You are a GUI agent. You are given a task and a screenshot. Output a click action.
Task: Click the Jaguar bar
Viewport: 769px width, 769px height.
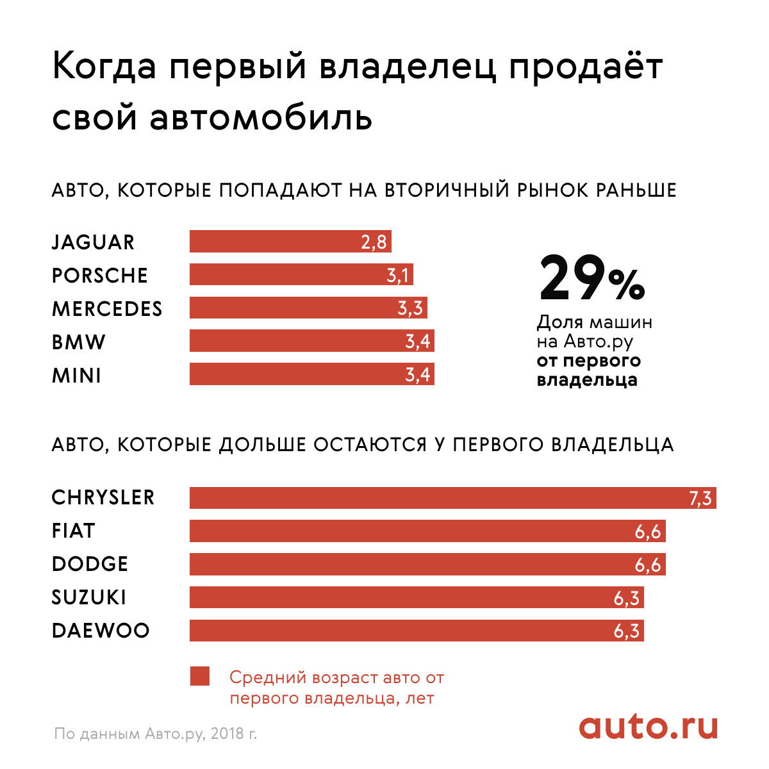(x=290, y=242)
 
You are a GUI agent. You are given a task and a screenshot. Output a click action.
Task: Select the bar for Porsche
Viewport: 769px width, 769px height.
(x=301, y=275)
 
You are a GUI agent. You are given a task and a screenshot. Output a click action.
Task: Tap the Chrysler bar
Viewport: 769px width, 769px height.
(x=452, y=498)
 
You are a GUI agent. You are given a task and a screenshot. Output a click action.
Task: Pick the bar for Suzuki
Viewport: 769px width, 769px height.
(x=417, y=597)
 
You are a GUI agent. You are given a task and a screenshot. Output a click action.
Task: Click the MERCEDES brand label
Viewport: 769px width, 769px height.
(x=107, y=309)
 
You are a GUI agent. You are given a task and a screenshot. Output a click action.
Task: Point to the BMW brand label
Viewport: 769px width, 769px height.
(x=78, y=342)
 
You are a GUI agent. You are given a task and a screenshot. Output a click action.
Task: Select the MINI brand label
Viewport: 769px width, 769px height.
(x=76, y=376)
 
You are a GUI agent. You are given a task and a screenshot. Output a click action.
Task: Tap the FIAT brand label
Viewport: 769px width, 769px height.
(x=73, y=531)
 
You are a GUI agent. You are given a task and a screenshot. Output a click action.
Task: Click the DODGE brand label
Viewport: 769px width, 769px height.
(x=90, y=565)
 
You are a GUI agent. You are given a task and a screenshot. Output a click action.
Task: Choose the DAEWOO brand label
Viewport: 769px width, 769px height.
(x=101, y=631)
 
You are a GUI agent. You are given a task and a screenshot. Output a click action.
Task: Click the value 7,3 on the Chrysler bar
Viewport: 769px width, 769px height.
(x=700, y=499)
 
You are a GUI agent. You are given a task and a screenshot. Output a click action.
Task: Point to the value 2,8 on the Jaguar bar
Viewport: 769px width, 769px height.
(x=374, y=242)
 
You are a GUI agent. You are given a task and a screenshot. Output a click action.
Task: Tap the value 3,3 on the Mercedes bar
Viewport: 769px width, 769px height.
(x=410, y=308)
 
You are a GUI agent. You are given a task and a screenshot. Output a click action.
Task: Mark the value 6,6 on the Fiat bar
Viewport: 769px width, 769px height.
(x=648, y=532)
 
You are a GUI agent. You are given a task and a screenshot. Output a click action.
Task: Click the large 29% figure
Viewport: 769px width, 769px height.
(x=591, y=279)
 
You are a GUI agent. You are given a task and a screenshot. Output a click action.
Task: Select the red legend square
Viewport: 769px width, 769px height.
(x=200, y=677)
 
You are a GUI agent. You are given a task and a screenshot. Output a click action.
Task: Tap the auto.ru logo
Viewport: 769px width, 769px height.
(x=648, y=727)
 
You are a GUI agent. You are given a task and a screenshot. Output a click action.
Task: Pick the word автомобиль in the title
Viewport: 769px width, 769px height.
(x=260, y=117)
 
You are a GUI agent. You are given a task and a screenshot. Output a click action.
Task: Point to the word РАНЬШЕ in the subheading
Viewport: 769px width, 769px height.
(x=636, y=190)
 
